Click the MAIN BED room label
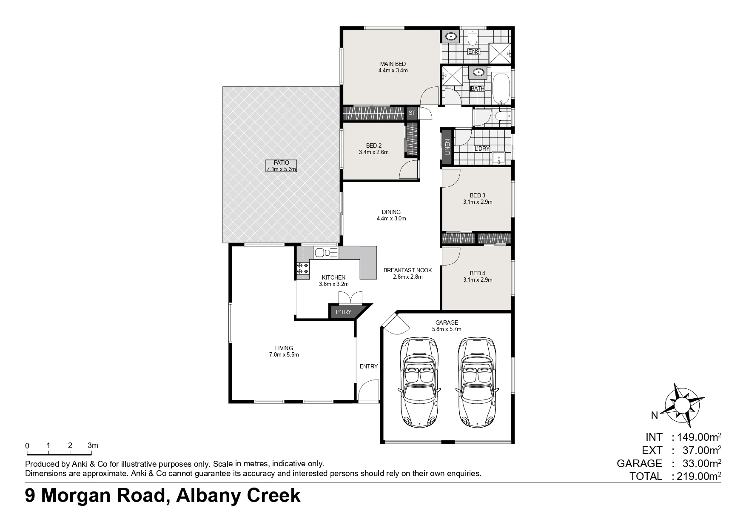point(393,64)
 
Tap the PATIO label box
point(281,166)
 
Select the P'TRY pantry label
point(344,312)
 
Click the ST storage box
point(412,113)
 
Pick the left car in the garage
point(419,382)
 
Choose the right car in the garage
point(478,382)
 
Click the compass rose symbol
point(683,404)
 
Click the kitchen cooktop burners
point(303,268)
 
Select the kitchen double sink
point(326,253)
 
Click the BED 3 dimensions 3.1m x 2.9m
point(478,202)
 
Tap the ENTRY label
point(369,366)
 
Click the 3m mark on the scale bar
point(93,446)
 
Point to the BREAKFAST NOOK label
point(407,270)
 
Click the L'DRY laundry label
point(482,148)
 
